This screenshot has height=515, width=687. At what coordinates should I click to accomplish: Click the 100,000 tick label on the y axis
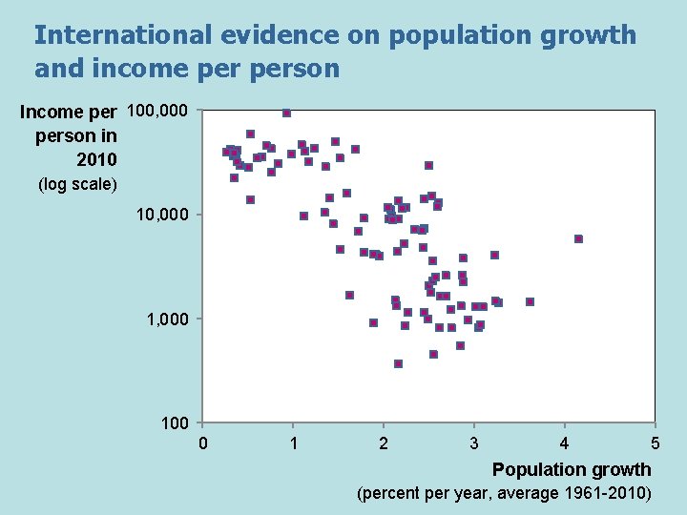(x=157, y=112)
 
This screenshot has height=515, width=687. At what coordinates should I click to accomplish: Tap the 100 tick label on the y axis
(x=173, y=422)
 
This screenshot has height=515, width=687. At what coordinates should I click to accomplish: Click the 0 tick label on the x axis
(x=202, y=443)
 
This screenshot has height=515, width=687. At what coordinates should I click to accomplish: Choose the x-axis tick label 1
(x=293, y=443)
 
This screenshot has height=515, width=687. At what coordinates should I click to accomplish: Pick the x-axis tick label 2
(x=384, y=443)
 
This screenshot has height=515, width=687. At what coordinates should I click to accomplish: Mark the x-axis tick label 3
(x=474, y=443)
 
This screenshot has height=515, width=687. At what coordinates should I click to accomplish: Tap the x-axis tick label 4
(x=565, y=443)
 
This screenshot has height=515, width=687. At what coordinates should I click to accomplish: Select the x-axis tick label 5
(x=655, y=443)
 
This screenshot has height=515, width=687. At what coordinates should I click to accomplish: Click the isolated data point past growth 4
(x=578, y=238)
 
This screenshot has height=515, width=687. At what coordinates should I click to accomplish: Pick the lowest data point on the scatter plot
(x=398, y=363)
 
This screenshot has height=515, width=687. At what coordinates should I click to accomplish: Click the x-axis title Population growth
(x=572, y=469)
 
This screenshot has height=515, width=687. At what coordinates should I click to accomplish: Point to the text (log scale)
(x=77, y=184)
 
